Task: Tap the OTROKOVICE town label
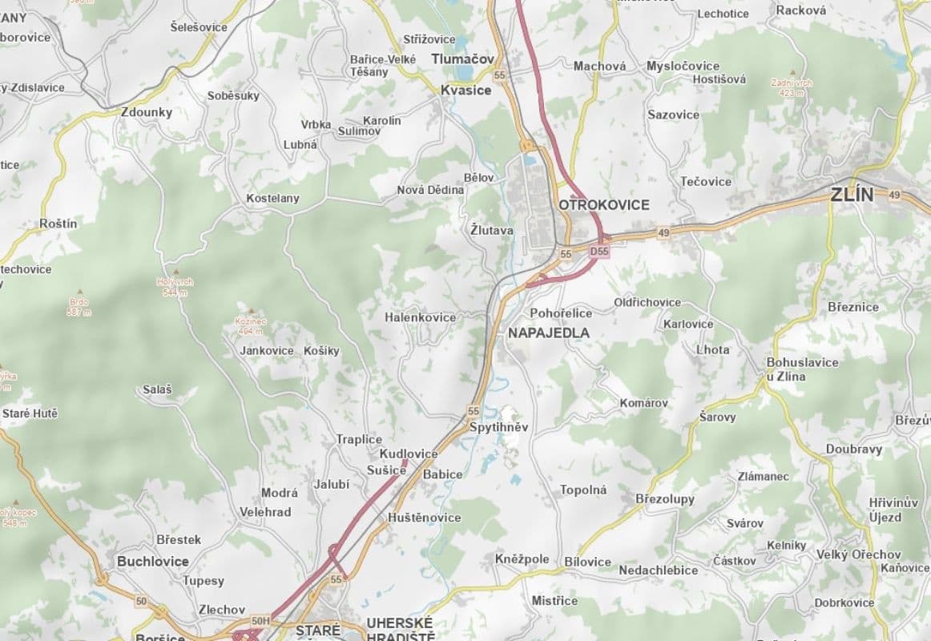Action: coord(604,205)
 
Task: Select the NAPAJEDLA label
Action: coord(549,333)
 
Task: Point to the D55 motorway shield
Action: coord(599,252)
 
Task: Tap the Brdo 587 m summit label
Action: coord(79,306)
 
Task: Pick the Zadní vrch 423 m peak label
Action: coord(792,87)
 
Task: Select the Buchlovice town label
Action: coord(153,561)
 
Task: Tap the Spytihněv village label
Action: coord(499,427)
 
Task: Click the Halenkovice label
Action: coord(420,317)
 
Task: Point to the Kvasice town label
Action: coord(465,91)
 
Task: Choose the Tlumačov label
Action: coord(462,59)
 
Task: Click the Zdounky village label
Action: coord(147,112)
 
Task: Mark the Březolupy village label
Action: coord(665,498)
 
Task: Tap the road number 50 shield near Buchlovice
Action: coord(142,601)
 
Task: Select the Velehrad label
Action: coord(265,512)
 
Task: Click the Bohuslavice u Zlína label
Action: coord(802,369)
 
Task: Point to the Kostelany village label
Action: coord(272,198)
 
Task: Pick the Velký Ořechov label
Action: coord(858,554)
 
